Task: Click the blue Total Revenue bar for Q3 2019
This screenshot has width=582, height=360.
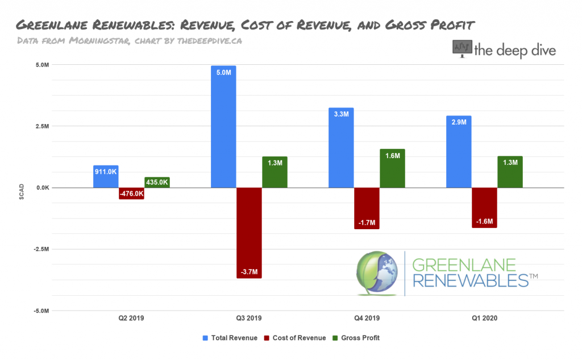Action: (223, 126)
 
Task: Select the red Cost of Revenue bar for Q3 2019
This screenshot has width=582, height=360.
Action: (249, 233)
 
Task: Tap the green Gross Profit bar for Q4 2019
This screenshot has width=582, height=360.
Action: (392, 168)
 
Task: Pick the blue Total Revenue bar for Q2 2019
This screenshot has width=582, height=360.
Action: (106, 176)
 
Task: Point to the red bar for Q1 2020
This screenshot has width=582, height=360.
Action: (485, 208)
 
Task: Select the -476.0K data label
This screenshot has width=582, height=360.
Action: (131, 194)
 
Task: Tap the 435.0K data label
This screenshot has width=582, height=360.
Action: (157, 182)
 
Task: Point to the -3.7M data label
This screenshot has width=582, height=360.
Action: (249, 272)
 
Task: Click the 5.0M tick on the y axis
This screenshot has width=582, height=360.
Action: (42, 65)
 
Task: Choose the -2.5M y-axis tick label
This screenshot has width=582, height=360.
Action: (41, 249)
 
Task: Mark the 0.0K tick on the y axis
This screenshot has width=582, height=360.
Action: (42, 188)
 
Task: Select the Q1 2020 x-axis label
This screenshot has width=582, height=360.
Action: (485, 318)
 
